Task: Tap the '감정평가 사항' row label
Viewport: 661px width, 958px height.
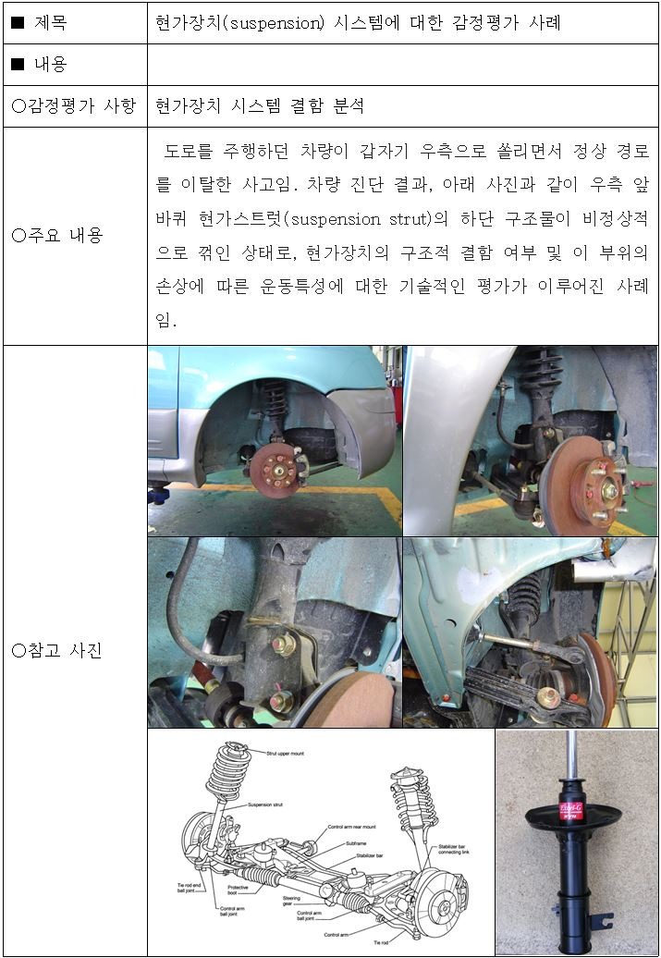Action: coord(74,105)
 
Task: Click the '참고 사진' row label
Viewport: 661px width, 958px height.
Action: coord(57,650)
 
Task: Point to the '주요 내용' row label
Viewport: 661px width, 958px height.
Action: coord(57,235)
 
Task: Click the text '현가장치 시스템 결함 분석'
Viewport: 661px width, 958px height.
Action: coord(260,105)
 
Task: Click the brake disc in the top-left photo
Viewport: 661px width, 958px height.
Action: coord(278,465)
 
